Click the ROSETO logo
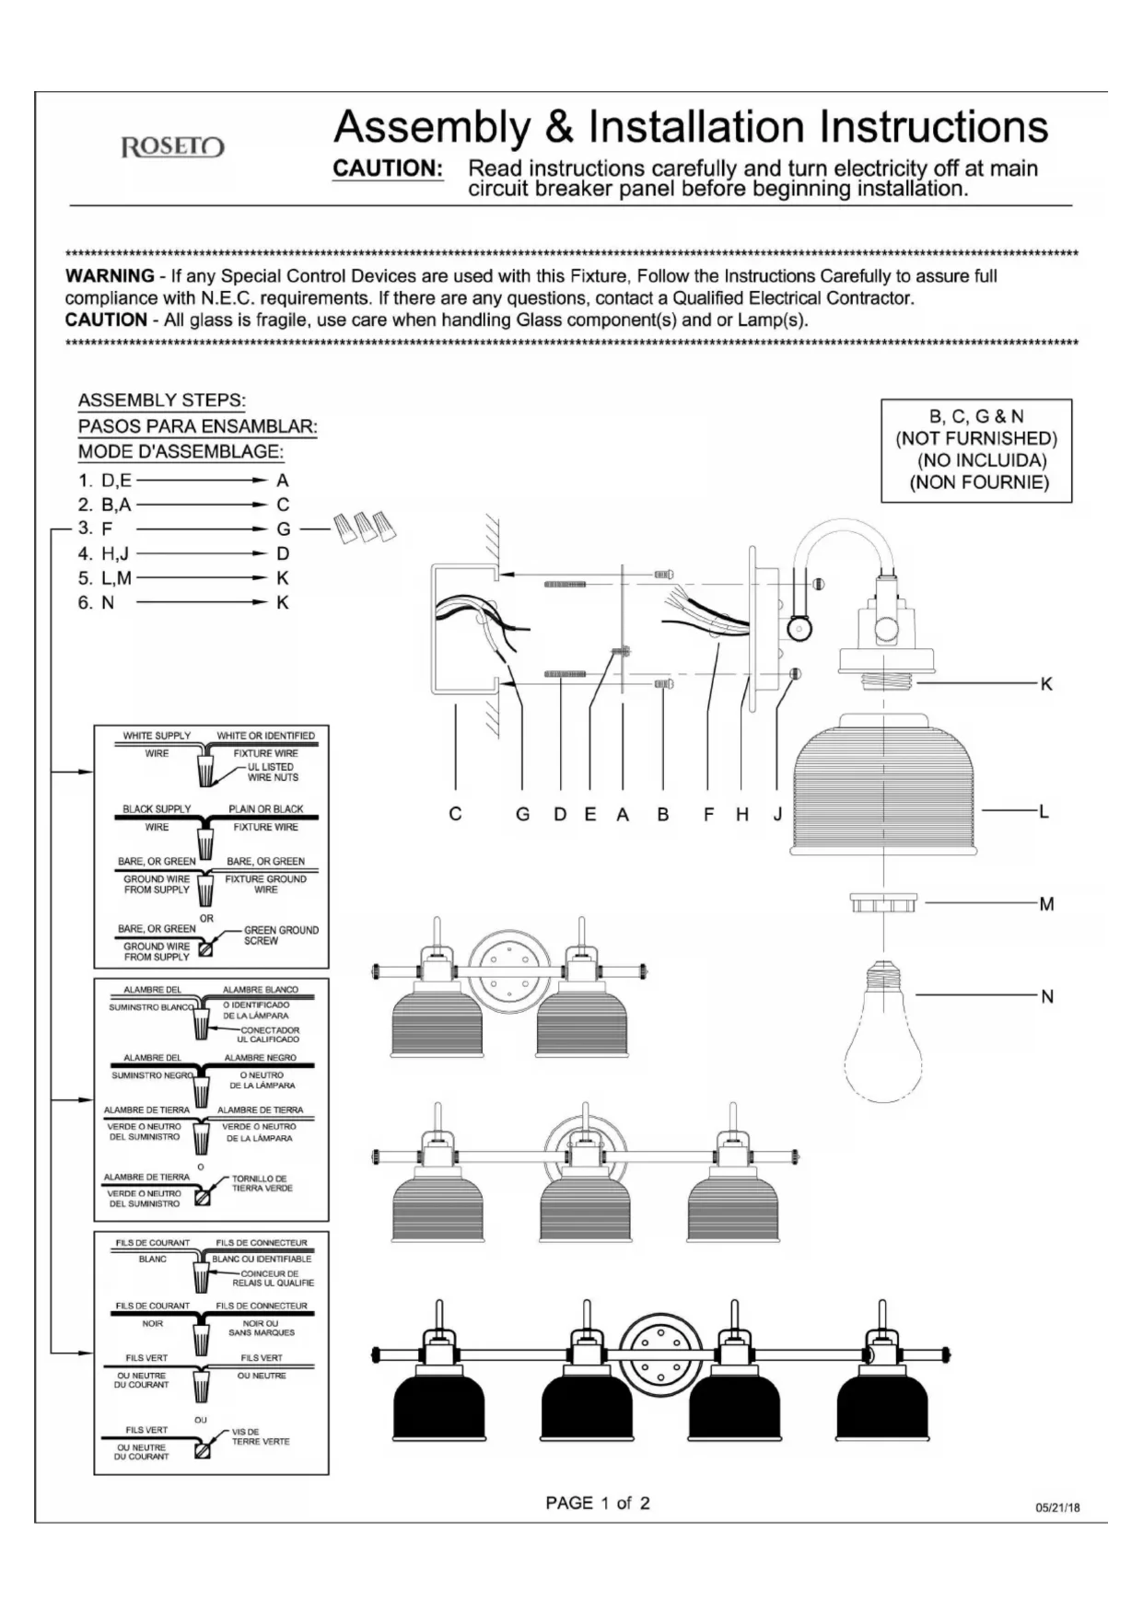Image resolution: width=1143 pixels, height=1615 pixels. point(173,147)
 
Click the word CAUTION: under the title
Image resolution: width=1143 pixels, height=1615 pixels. point(387,168)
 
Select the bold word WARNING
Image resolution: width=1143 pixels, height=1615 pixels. point(110,275)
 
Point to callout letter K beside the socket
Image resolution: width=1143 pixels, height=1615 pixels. point(1045,684)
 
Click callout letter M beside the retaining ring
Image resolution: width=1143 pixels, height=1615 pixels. point(1046,904)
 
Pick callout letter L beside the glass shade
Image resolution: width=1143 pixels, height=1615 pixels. point(1044,811)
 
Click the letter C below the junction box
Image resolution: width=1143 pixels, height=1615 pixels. point(455,814)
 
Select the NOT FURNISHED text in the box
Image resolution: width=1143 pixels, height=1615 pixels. point(976,438)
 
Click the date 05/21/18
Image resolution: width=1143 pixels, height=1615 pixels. point(1057,1507)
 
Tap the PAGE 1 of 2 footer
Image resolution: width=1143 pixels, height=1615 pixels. point(597,1503)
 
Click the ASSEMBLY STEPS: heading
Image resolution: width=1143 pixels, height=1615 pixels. point(161,401)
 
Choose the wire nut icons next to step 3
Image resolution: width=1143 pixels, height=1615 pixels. point(365,528)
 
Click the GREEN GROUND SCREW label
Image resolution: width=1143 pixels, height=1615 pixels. point(280,935)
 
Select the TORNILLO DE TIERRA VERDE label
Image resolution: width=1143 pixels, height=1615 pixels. point(262,1183)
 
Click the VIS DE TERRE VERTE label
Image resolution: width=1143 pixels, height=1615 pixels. point(260,1436)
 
